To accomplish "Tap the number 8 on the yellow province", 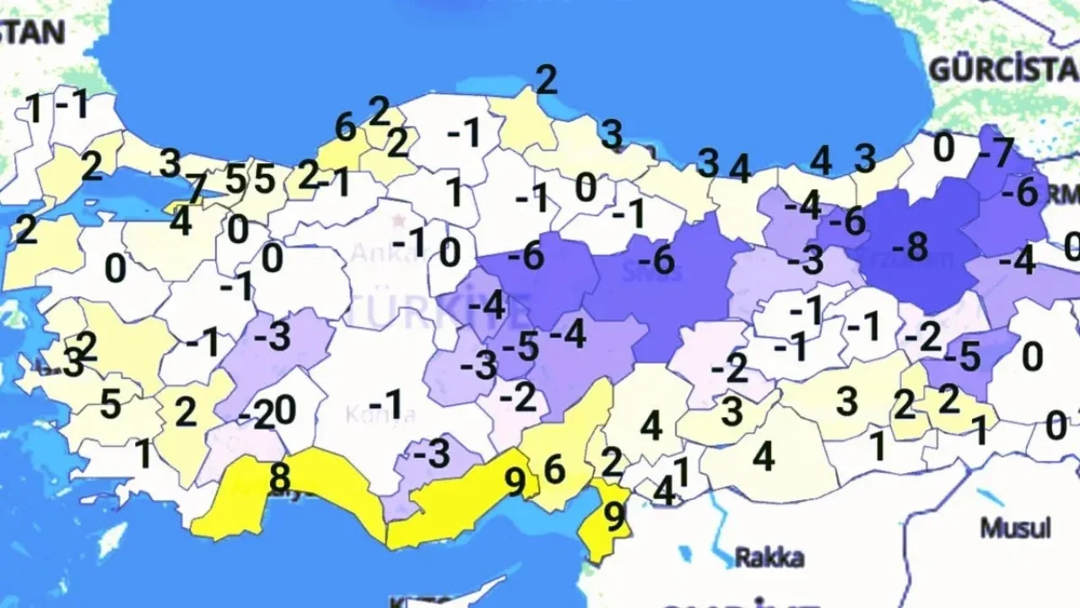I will (x=278, y=478).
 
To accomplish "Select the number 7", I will (x=196, y=187).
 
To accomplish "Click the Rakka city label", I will (x=769, y=557).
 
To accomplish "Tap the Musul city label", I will (x=1015, y=529).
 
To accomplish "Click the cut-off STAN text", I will (x=32, y=32).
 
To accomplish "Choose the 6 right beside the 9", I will (x=554, y=470).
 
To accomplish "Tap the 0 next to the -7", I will (x=943, y=149).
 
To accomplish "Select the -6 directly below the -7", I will (x=1019, y=193).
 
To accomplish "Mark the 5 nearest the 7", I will (x=235, y=179).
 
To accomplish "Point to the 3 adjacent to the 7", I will (x=170, y=163).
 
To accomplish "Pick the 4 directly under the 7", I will (x=180, y=221).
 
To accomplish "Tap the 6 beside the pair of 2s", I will (x=344, y=128).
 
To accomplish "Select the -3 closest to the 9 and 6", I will (x=432, y=454).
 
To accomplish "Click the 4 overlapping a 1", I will (x=664, y=491).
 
